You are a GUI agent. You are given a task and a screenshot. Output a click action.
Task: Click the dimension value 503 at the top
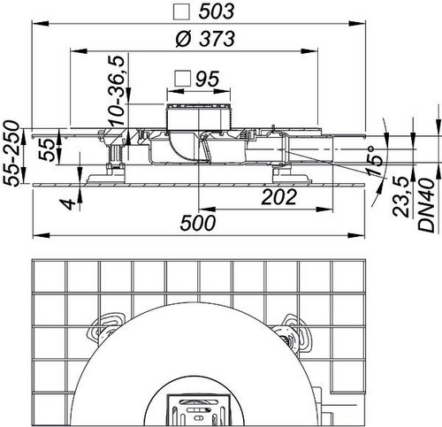click(217, 12)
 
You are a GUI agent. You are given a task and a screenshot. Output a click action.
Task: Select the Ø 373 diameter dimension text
click(205, 39)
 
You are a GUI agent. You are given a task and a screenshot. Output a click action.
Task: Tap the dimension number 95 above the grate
click(208, 79)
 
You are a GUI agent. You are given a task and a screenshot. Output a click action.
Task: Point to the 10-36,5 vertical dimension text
click(116, 90)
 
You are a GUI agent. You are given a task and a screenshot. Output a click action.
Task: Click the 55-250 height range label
click(12, 153)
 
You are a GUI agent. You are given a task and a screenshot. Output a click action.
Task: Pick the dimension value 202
click(278, 197)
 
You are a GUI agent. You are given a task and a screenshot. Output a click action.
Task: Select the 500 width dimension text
click(198, 223)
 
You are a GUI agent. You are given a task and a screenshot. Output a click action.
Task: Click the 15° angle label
click(375, 161)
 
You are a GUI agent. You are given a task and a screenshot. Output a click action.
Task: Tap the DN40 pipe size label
click(426, 205)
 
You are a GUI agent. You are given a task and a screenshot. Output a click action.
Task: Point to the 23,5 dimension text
click(401, 197)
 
